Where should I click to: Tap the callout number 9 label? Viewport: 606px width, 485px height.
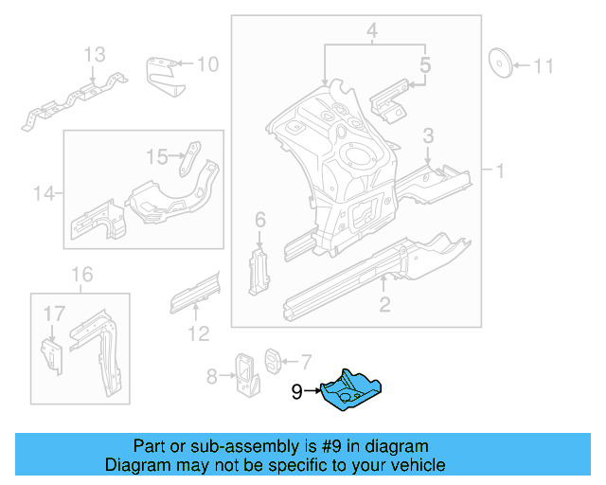tap(296, 391)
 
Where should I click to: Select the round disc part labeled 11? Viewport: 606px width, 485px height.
tap(500, 63)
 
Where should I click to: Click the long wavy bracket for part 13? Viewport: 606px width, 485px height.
tap(76, 101)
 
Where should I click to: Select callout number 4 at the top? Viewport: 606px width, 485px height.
tap(373, 33)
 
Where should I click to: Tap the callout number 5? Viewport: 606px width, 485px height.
tap(425, 66)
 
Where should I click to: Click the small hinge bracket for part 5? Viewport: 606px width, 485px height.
tap(389, 100)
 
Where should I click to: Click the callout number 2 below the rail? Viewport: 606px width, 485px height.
tap(384, 304)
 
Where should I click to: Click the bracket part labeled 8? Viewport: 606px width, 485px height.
tap(246, 375)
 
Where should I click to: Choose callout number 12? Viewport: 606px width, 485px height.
tap(197, 332)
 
